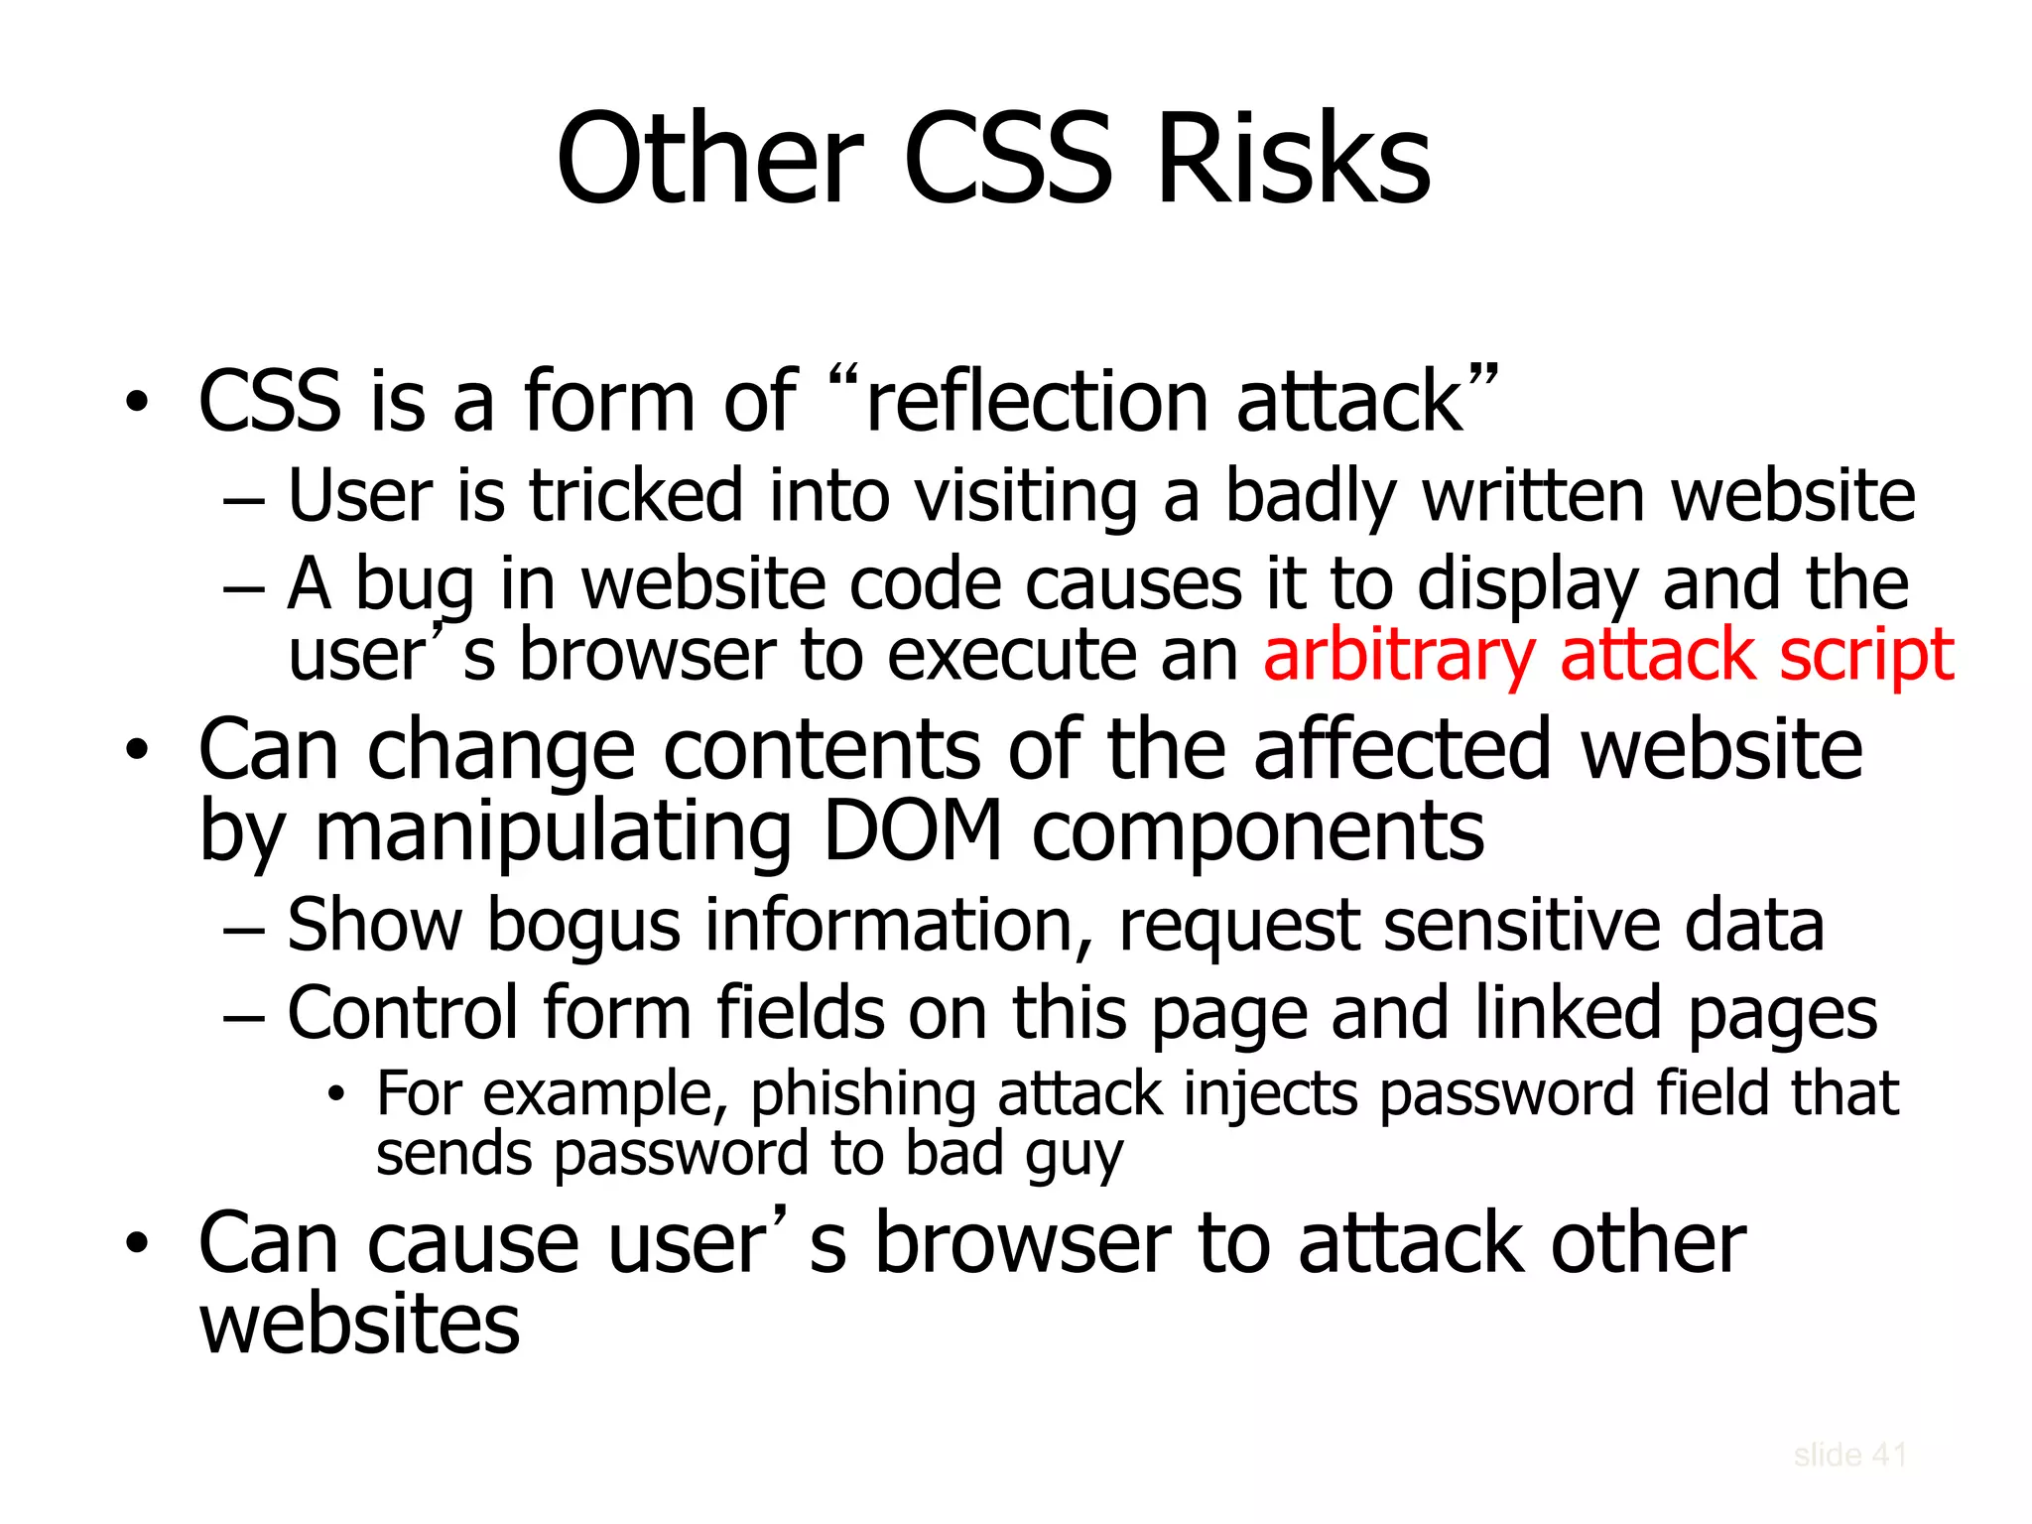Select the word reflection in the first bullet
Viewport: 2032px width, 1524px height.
1037,402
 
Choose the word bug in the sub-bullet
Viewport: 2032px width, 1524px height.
415,585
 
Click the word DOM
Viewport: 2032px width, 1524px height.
913,831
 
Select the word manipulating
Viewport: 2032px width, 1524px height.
553,831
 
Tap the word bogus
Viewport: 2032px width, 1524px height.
583,926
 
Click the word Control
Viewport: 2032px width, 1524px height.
403,1014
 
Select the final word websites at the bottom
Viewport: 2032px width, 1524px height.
359,1326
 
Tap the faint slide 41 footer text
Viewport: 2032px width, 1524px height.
1849,1456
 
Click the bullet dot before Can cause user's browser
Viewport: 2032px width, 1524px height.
137,1244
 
